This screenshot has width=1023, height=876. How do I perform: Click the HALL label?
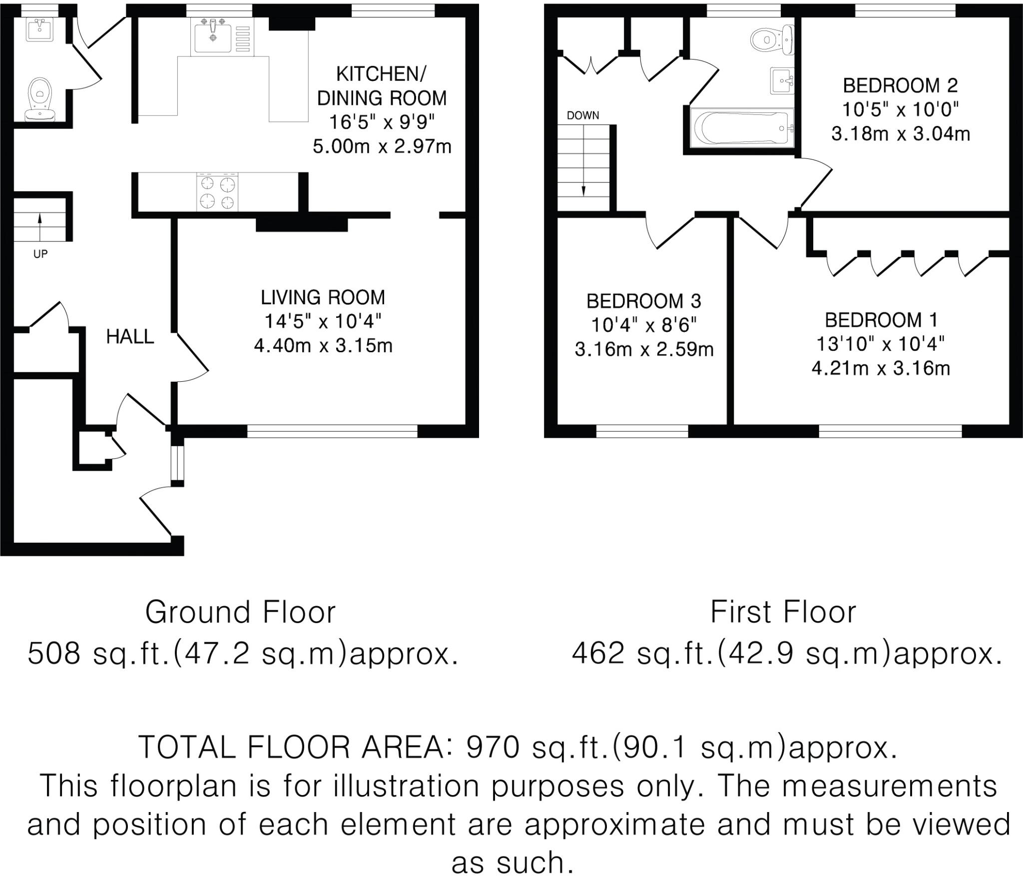point(130,337)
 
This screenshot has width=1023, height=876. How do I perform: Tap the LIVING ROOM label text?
point(323,298)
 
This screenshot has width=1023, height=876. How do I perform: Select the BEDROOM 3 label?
point(643,301)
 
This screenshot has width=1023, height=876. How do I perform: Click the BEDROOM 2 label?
point(900,86)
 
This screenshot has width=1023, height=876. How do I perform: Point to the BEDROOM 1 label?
point(881,320)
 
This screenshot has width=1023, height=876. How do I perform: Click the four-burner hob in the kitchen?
point(217,192)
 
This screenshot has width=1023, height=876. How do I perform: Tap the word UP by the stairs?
point(40,254)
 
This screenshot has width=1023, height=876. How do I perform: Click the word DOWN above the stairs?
point(582,115)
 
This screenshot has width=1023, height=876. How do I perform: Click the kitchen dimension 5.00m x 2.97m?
point(382,146)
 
